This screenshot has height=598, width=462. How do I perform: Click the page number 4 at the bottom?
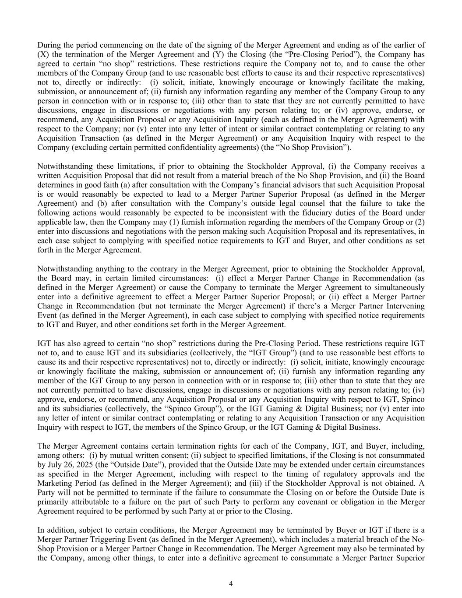pos(231,584)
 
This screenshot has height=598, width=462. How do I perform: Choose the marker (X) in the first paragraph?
pos(42,54)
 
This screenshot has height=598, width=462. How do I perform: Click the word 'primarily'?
pos(51,502)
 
